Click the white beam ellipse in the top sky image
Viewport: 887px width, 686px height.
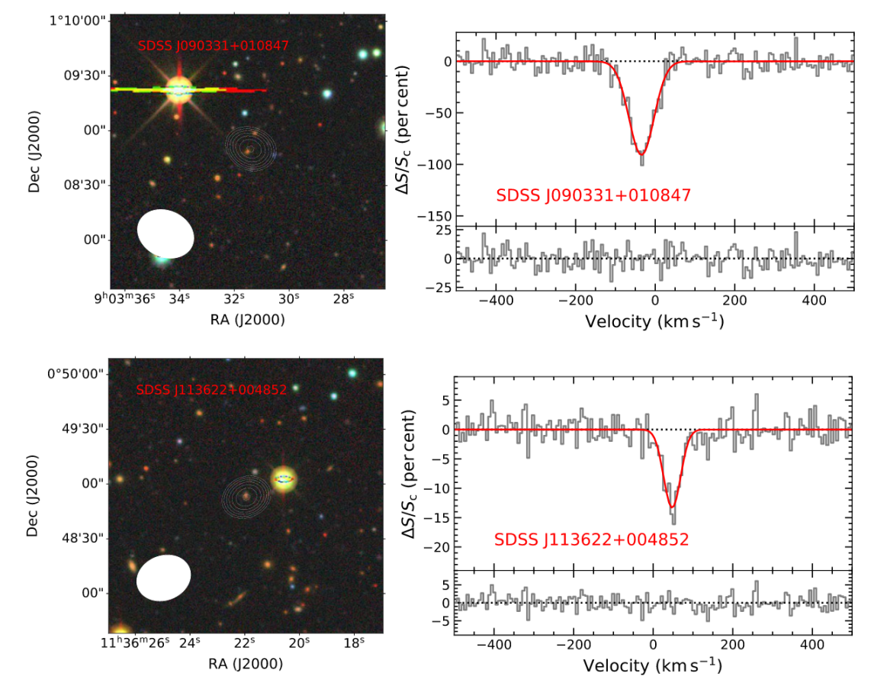[166, 233]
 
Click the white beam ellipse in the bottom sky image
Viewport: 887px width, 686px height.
[163, 578]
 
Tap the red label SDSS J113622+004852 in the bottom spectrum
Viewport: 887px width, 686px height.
[592, 539]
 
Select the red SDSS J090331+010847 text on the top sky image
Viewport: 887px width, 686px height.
[214, 46]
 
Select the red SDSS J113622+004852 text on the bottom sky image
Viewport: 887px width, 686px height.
[211, 390]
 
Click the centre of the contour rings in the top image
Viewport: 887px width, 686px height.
[248, 149]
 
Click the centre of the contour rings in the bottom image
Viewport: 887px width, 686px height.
[246, 496]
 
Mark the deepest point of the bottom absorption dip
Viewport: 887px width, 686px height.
[672, 507]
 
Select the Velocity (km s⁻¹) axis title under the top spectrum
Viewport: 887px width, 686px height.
[654, 321]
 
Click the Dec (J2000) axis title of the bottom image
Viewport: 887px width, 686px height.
[34, 496]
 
